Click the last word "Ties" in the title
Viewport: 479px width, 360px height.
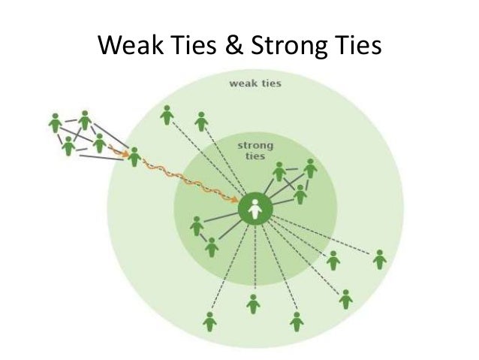pos(354,47)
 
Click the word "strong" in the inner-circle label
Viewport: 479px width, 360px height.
pos(255,144)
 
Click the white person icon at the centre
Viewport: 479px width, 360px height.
pos(255,210)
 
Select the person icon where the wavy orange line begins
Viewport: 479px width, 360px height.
pos(134,157)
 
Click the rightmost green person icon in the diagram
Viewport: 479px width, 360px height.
pos(380,259)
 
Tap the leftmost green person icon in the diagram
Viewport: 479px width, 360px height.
pos(54,122)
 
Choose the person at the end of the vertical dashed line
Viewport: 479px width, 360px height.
pos(254,304)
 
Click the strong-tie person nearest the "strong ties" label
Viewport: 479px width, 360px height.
pos(279,172)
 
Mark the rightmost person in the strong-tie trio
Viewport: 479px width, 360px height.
pos(310,168)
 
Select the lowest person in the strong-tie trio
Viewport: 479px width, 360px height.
pos(300,195)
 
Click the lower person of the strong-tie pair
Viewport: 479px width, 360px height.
pos(212,247)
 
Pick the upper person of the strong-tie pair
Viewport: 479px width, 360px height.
pos(197,225)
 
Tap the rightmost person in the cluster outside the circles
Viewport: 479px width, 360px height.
pos(99,143)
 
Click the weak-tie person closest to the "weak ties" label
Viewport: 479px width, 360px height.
pos(201,121)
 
